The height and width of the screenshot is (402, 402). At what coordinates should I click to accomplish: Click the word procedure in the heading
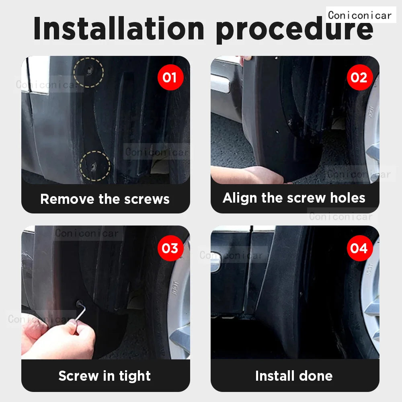click(294, 29)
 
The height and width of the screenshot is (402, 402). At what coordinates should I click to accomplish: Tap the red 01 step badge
click(170, 77)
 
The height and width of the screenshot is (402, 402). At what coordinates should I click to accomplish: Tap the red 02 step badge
click(359, 77)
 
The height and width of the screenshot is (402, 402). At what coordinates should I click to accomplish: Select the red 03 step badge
click(170, 248)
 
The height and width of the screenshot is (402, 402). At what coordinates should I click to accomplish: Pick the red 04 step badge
click(359, 248)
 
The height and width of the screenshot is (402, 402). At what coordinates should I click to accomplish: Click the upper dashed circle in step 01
click(89, 72)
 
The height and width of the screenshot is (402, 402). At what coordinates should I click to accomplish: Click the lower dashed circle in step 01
click(95, 165)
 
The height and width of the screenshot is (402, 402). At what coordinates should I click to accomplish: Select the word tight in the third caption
click(134, 376)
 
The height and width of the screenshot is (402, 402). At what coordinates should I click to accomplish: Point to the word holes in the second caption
click(347, 198)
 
